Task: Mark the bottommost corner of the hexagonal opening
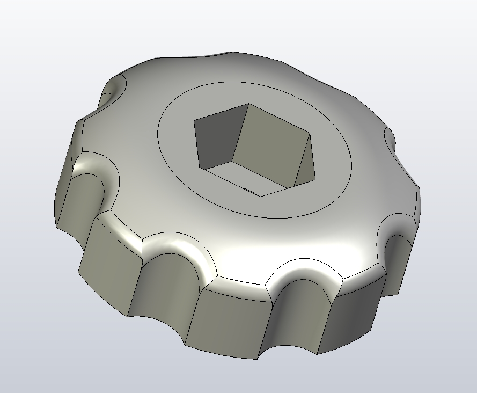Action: click(x=261, y=196)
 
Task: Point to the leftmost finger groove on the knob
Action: click(x=80, y=199)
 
